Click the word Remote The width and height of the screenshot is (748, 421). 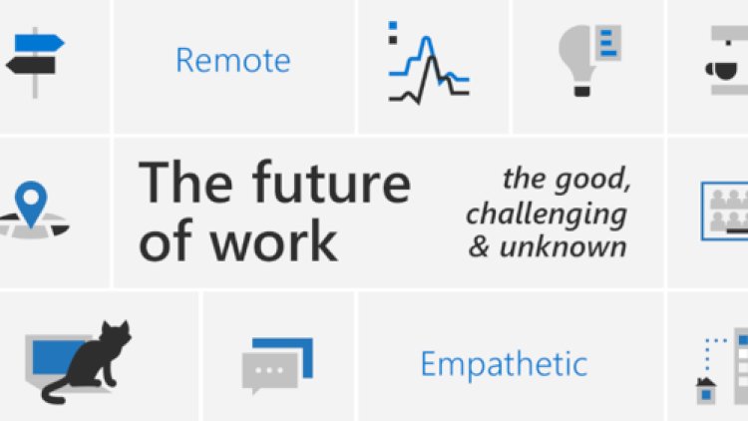click(x=232, y=60)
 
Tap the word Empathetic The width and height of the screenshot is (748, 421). click(x=503, y=363)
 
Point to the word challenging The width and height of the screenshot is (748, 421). click(x=546, y=213)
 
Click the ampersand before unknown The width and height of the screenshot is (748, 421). click(x=479, y=245)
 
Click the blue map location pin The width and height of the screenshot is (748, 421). click(x=36, y=199)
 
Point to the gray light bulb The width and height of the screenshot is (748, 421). click(x=576, y=52)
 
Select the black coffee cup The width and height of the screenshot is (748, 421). click(x=720, y=69)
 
